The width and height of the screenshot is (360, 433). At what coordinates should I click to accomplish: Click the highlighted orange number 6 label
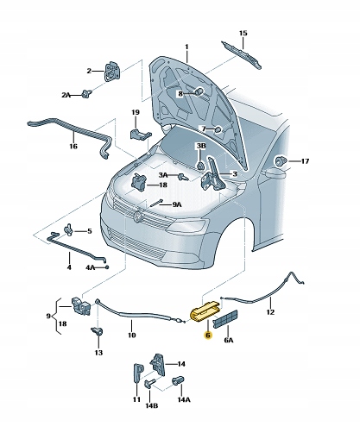coord(207,336)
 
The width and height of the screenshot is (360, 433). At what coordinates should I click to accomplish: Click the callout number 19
coord(135,113)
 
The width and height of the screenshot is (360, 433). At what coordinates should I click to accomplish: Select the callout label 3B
coord(199,146)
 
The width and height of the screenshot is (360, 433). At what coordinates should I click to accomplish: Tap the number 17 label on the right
coord(305,161)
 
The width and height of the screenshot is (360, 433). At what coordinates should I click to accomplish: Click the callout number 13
coord(98,354)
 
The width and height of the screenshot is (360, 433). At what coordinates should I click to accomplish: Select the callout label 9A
coord(176,204)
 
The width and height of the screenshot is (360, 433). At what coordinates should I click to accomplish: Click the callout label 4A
coord(89,268)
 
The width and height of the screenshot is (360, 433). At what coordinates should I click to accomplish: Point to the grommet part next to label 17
coord(280,160)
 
